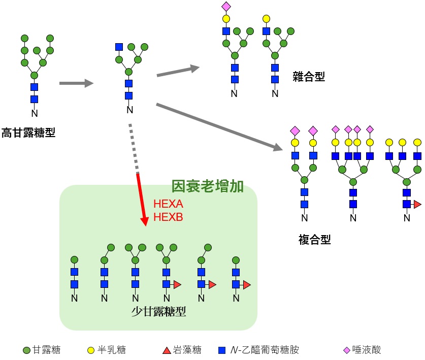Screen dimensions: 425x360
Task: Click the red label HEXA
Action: [x=168, y=204]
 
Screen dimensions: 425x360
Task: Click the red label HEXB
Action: [x=168, y=217]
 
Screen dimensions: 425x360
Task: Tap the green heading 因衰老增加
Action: [x=207, y=186]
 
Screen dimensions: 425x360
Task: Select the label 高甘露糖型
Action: [x=28, y=133]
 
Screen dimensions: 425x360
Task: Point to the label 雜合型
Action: [x=309, y=77]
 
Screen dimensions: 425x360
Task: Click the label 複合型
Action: [x=315, y=240]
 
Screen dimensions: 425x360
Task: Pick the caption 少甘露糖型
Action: [x=158, y=311]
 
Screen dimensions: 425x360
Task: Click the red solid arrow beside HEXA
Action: [x=142, y=200]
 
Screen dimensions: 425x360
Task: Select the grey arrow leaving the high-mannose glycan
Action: [x=77, y=83]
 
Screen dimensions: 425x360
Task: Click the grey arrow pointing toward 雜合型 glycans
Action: [x=178, y=71]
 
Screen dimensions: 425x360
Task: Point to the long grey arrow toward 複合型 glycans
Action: [x=219, y=127]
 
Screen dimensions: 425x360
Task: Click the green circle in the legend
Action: [x=26, y=350]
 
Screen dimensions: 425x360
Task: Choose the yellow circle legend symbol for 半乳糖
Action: [x=91, y=350]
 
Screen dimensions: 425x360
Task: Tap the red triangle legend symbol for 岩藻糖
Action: [x=167, y=350]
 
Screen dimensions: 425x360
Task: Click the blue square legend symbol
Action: [x=222, y=350]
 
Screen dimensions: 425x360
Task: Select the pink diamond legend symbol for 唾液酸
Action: [x=347, y=350]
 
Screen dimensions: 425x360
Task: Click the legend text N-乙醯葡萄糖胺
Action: [x=265, y=350]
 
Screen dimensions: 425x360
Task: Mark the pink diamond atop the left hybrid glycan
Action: [x=226, y=7]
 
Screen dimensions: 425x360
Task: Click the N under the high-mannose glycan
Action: [x=35, y=113]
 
